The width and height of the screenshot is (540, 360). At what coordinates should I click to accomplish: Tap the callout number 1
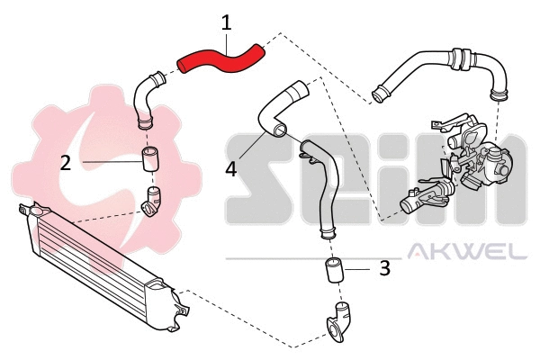tap(227, 19)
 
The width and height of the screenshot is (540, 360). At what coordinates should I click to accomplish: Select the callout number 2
tap(65, 162)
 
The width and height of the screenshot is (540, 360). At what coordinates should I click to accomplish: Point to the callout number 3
tap(383, 267)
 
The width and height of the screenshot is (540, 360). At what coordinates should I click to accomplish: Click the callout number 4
tap(231, 168)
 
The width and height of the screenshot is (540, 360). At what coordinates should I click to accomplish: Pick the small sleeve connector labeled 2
tap(149, 160)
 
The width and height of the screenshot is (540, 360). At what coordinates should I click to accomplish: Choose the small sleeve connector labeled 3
tap(334, 269)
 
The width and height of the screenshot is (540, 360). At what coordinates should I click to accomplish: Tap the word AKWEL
tap(467, 251)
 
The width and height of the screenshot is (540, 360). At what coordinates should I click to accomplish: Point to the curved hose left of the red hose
tap(144, 96)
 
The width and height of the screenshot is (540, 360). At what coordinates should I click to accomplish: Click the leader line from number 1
tap(225, 38)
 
